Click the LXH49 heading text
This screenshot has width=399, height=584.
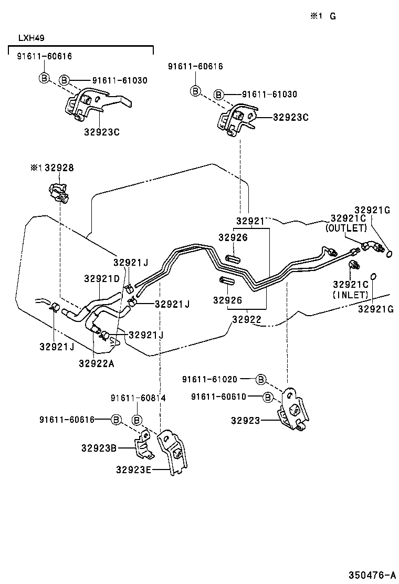click(x=30, y=38)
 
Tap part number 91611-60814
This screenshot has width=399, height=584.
click(x=138, y=398)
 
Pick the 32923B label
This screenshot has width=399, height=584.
click(x=100, y=448)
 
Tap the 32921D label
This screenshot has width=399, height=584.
click(x=102, y=278)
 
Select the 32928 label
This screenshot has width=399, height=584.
click(x=59, y=168)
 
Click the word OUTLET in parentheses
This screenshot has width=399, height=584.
click(x=345, y=228)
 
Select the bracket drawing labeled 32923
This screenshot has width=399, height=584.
click(x=292, y=411)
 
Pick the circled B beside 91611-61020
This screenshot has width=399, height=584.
click(x=261, y=379)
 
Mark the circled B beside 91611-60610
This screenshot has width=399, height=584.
click(x=268, y=397)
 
